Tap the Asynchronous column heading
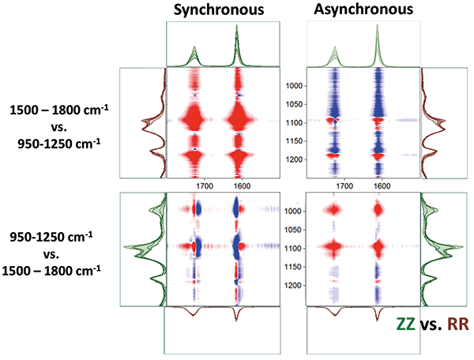[x=363, y=10]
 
